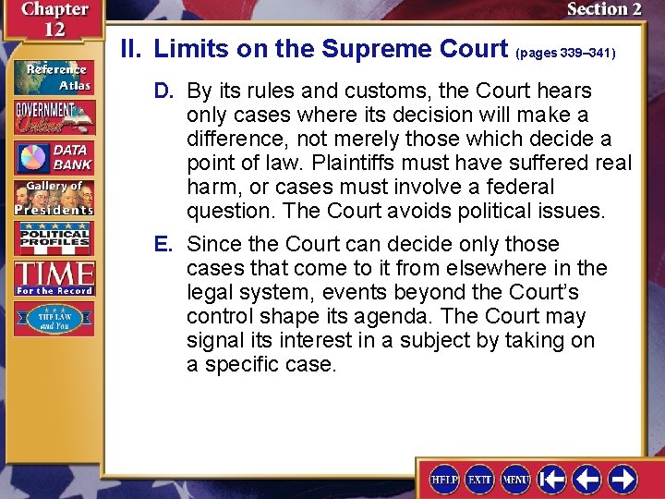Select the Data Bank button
pyautogui.click(x=54, y=157)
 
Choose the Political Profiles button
pyautogui.click(x=54, y=237)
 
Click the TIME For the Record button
pyautogui.click(x=54, y=277)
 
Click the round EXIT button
pyautogui.click(x=480, y=479)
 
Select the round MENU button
pyautogui.click(x=515, y=479)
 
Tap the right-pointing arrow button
pyautogui.click(x=623, y=479)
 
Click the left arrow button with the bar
pyautogui.click(x=552, y=479)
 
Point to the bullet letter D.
pyautogui.click(x=163, y=91)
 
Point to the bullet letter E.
pyautogui.click(x=163, y=245)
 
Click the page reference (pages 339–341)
pyautogui.click(x=565, y=54)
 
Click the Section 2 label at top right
pyautogui.click(x=604, y=10)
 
